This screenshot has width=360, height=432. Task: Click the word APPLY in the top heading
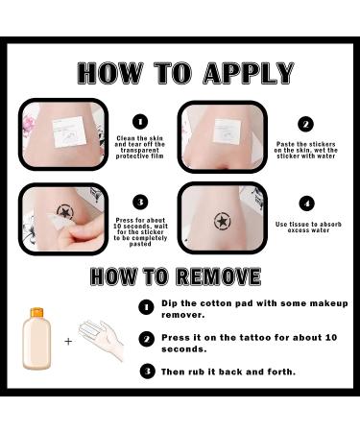pos(249,73)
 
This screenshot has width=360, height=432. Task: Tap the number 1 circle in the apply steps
pos(140,122)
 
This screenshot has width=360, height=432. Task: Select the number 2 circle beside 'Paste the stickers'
pos(305,124)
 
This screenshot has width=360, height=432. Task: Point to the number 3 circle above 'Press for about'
pos(140,203)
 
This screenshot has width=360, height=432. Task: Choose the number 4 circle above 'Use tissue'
pos(307,204)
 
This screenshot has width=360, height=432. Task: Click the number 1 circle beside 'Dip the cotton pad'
pos(146,307)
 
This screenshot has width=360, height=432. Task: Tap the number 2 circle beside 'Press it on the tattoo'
pos(147,339)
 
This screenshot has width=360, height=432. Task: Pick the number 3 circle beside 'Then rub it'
pos(148,372)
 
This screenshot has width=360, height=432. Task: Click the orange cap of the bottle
pos(36,312)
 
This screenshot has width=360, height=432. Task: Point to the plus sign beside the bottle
pos(68,342)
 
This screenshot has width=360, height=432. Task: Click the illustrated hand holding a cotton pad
pos(101,340)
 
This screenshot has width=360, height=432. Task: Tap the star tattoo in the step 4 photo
pos(221,222)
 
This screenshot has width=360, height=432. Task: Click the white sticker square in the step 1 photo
pos(69,132)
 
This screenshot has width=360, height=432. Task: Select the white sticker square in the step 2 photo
pos(228,132)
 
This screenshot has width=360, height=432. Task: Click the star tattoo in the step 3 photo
pos(65,212)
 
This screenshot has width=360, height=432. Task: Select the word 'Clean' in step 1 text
pos(126,138)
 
